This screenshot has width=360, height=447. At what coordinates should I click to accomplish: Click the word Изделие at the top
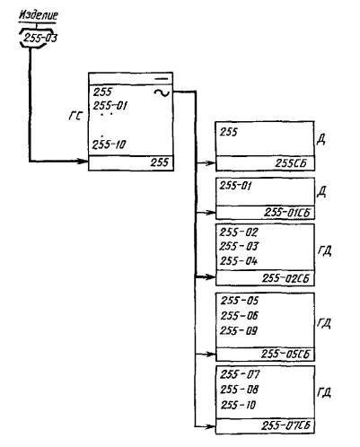[x=39, y=15]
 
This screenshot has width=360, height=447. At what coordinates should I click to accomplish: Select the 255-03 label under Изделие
[x=40, y=38]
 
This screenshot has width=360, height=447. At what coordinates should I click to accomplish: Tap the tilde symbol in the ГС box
[x=162, y=93]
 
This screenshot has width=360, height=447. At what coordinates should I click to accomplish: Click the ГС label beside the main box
[x=75, y=116]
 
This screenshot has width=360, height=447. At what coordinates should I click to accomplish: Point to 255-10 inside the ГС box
[x=110, y=145]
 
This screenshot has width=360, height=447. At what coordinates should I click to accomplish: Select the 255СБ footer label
[x=291, y=163]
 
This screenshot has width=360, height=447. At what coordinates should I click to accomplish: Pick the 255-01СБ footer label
[x=287, y=213]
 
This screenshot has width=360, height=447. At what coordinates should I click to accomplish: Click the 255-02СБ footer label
[x=285, y=278]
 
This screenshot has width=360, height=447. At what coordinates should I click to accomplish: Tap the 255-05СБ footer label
[x=285, y=354]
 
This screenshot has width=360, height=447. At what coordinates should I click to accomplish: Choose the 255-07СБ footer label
[x=285, y=425]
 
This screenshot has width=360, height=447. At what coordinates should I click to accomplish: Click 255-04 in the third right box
[x=239, y=261]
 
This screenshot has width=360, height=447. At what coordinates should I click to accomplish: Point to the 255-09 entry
[x=239, y=331]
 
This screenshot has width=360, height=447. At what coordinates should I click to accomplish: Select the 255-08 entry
[x=239, y=390]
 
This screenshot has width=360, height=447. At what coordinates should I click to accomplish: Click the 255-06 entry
[x=240, y=316]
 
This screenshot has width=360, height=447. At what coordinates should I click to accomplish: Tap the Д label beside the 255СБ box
[x=321, y=140]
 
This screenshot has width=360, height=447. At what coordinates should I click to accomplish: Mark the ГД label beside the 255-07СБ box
[x=324, y=392]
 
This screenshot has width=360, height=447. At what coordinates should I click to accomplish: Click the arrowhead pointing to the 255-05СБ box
[x=211, y=354]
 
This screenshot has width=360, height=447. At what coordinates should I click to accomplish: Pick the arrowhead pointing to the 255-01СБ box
[x=211, y=213]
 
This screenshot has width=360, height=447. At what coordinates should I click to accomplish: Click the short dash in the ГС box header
[x=162, y=79]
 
